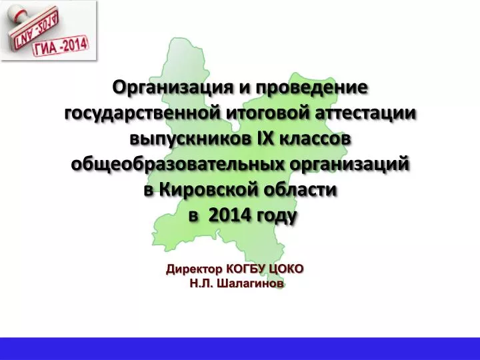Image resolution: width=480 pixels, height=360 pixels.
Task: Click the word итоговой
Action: (x=269, y=113)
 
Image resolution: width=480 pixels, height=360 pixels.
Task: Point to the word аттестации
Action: (x=366, y=113)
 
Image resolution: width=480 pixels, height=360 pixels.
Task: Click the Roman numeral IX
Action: (x=263, y=139)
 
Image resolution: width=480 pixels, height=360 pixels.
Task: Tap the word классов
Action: (x=314, y=139)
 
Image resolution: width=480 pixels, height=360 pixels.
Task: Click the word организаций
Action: (x=349, y=165)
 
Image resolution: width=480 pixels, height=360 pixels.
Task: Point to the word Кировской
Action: (x=209, y=190)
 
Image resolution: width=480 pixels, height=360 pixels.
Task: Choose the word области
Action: (x=300, y=190)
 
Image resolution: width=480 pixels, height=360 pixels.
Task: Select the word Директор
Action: (x=194, y=269)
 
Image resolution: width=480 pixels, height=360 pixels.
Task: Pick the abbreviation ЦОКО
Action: (x=286, y=269)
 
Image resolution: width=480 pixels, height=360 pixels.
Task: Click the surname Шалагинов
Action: (x=250, y=283)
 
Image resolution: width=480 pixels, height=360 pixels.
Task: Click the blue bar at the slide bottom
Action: (x=240, y=349)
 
